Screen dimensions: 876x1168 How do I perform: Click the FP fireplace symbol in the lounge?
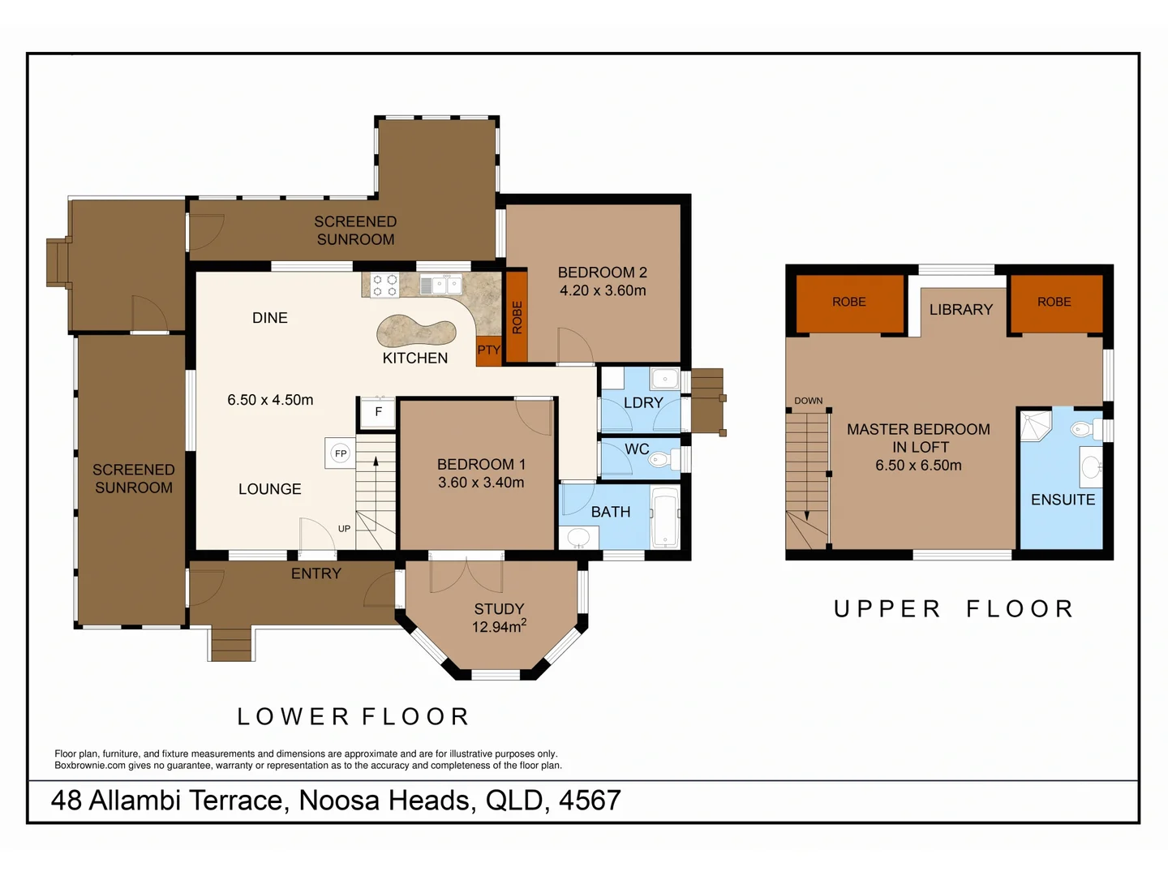tap(341, 453)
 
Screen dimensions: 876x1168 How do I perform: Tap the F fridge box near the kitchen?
tap(378, 412)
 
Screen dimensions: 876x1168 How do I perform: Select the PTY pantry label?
tap(488, 350)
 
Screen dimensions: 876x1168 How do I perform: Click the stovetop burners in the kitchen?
tap(384, 286)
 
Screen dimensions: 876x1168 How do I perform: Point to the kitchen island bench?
tap(415, 330)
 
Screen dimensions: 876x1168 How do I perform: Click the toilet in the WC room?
tap(659, 460)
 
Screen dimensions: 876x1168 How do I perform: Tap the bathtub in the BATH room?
tap(665, 517)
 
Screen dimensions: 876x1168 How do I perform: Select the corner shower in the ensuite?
tap(1035, 426)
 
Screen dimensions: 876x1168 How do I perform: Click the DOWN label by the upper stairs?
tap(808, 401)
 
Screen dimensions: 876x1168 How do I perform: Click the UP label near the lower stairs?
tap(344, 529)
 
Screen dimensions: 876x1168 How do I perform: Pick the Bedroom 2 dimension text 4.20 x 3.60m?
tap(603, 290)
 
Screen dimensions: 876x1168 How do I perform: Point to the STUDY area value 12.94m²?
tap(499, 627)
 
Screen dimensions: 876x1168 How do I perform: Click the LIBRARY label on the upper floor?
tap(960, 310)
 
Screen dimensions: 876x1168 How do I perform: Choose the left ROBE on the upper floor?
tap(849, 302)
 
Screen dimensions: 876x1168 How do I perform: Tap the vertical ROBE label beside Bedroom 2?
tap(517, 317)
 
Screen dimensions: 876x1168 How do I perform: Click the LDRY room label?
tap(643, 402)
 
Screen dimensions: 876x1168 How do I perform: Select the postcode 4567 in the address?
tap(590, 801)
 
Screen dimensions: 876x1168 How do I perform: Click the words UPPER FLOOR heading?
tap(954, 609)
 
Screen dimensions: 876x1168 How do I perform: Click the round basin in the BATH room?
tap(578, 537)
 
